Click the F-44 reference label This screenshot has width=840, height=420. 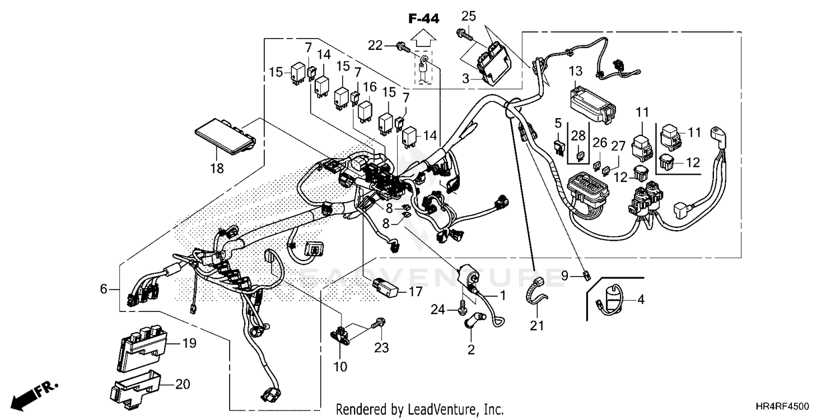pos(424,18)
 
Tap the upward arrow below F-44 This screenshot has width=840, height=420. pos(423,38)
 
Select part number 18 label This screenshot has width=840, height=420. pos(217,169)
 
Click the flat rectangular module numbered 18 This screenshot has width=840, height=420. pos(226,136)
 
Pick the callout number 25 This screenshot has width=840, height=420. pos(468,16)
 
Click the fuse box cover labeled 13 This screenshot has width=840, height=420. pos(592,105)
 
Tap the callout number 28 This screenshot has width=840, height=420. pos(578,136)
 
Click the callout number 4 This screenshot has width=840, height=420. pos(641,299)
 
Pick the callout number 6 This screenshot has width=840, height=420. pos(104,289)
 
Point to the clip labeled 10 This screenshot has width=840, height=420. pos(341,334)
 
